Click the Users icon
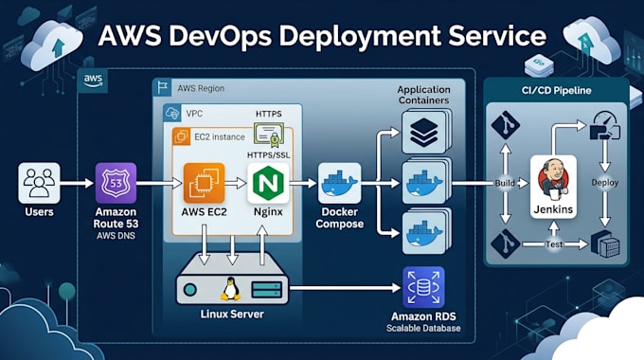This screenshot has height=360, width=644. click(x=39, y=183)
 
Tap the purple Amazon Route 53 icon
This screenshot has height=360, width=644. click(x=116, y=183)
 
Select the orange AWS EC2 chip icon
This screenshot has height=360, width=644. click(x=205, y=183)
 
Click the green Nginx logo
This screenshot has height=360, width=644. click(x=268, y=183)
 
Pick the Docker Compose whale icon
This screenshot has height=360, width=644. click(x=339, y=183)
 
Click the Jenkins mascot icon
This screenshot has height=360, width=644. click(x=553, y=177)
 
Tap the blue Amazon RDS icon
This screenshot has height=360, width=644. click(x=423, y=287)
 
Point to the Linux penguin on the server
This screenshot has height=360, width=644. click(x=230, y=289)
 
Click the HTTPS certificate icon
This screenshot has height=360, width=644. click(x=269, y=135)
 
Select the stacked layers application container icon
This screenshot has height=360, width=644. click(x=424, y=133)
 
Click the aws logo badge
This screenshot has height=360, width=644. click(x=93, y=80)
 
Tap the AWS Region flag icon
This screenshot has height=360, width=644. click(x=162, y=87)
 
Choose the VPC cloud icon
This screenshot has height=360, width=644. click(x=171, y=113)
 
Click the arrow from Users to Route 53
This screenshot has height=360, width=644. click(x=78, y=183)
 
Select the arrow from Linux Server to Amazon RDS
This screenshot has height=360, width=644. click(x=345, y=288)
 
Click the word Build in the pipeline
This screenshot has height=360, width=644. click(x=505, y=183)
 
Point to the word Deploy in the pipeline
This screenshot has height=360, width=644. click(x=604, y=183)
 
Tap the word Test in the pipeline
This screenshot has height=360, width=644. click(x=554, y=244)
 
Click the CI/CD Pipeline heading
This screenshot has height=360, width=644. click(x=557, y=90)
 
